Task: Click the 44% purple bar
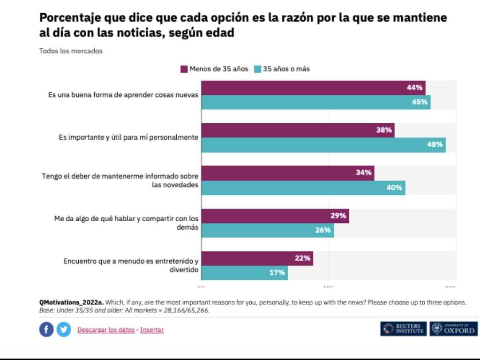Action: [x=313, y=88]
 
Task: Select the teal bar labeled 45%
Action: [x=316, y=102]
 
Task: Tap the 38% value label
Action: [x=384, y=130]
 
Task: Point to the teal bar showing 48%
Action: [x=323, y=145]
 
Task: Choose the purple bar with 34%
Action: [x=288, y=173]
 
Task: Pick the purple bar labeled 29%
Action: [x=275, y=216]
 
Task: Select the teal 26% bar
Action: [x=268, y=230]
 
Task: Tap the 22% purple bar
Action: [x=257, y=258]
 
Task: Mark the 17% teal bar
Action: [x=245, y=273]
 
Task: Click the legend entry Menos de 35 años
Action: [x=214, y=69]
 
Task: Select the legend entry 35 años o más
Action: [x=282, y=69]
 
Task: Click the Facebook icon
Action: [x=46, y=330]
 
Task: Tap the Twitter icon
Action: [x=63, y=330]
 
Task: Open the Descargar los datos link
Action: [x=106, y=330]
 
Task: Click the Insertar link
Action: [x=152, y=330]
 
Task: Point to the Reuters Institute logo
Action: [x=404, y=329]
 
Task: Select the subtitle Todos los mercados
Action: [x=70, y=51]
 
